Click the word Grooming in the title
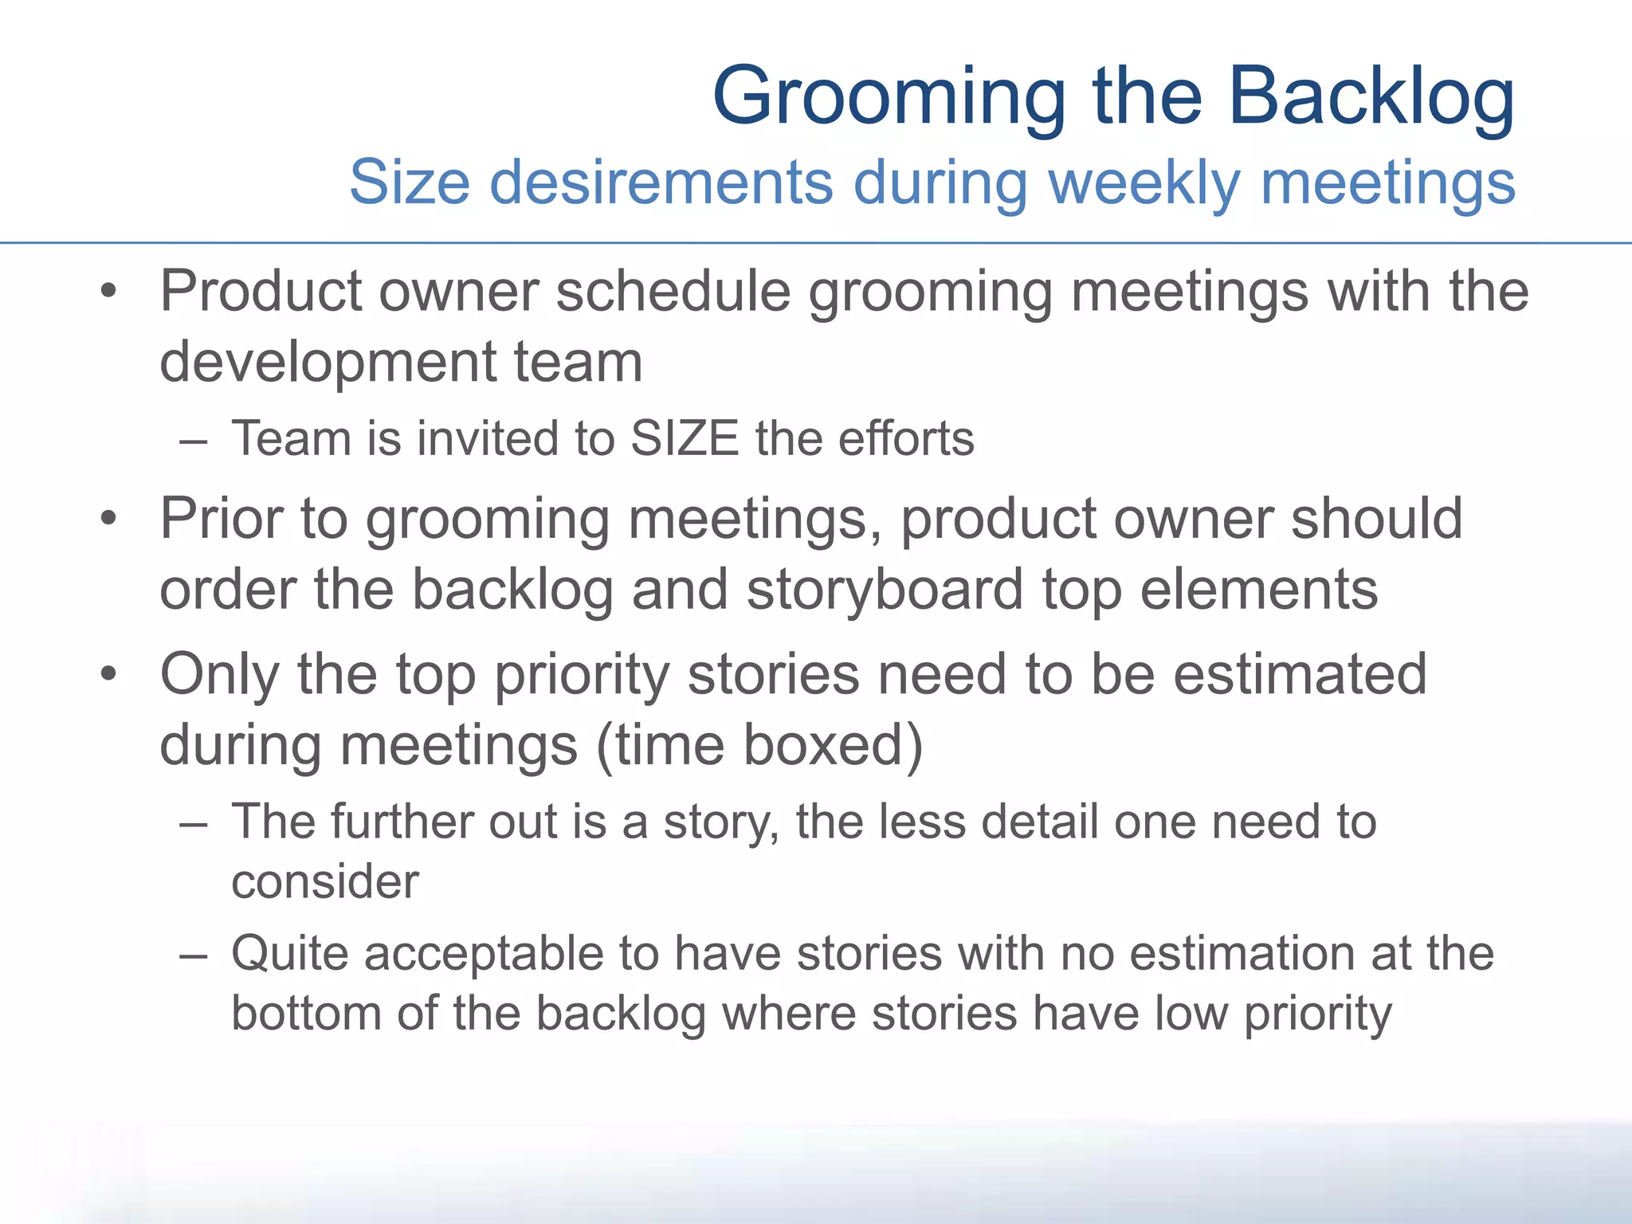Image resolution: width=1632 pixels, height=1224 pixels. [x=889, y=98]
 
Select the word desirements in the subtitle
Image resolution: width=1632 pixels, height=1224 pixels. [x=661, y=182]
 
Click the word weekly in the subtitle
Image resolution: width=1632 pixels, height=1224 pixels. [x=1144, y=182]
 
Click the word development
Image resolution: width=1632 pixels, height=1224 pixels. [x=326, y=361]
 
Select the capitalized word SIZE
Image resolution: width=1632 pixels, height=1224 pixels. [x=685, y=438]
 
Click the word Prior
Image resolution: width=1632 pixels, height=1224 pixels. [x=221, y=519]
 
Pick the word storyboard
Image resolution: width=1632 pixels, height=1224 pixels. [x=885, y=590]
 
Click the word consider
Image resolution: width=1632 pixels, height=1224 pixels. [x=324, y=882]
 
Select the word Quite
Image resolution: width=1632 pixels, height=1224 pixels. [x=290, y=953]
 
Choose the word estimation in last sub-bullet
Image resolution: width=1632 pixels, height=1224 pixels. [x=1242, y=953]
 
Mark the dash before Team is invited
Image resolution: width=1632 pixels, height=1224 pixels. [x=194, y=440]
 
